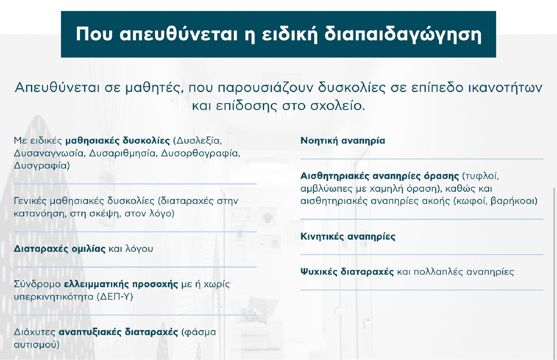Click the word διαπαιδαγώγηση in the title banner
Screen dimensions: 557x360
point(403,34)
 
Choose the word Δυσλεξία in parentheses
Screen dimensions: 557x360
point(198,141)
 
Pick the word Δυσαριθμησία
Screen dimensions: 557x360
point(123,153)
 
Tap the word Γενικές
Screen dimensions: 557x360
point(30,201)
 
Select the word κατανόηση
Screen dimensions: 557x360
point(40,213)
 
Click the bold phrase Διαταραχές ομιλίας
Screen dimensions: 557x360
point(60,249)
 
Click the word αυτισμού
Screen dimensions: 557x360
point(36,345)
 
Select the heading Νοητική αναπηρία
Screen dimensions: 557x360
point(343,141)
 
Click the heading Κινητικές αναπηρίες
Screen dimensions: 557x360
point(348,236)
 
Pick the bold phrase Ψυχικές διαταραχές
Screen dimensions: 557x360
point(347,272)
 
